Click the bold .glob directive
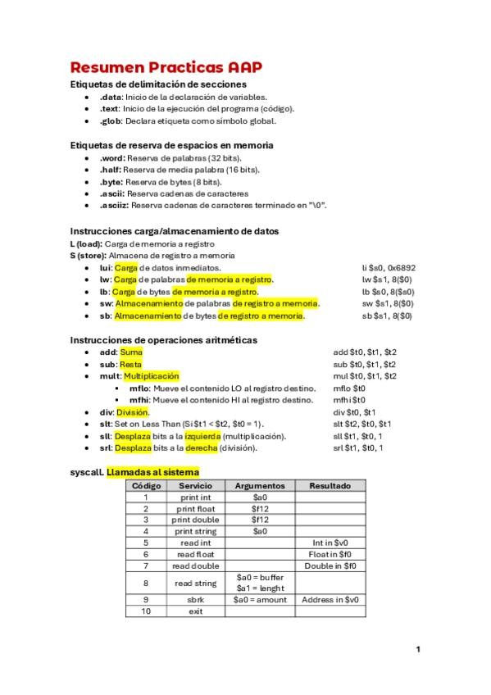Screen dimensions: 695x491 [111, 120]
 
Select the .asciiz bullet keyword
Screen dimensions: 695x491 [113, 205]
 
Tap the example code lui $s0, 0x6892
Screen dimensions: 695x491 [388, 268]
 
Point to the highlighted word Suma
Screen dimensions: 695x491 [131, 352]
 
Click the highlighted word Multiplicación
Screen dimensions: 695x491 [151, 375]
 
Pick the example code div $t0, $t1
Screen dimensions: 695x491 [354, 411]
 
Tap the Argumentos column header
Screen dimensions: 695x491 [260, 486]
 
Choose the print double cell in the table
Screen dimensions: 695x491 [196, 520]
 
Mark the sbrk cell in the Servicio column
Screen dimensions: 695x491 [196, 599]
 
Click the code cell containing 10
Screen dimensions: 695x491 [147, 611]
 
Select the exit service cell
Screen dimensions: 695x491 [196, 611]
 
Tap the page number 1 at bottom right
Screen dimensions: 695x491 [417, 650]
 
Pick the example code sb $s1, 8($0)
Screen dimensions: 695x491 [388, 316]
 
